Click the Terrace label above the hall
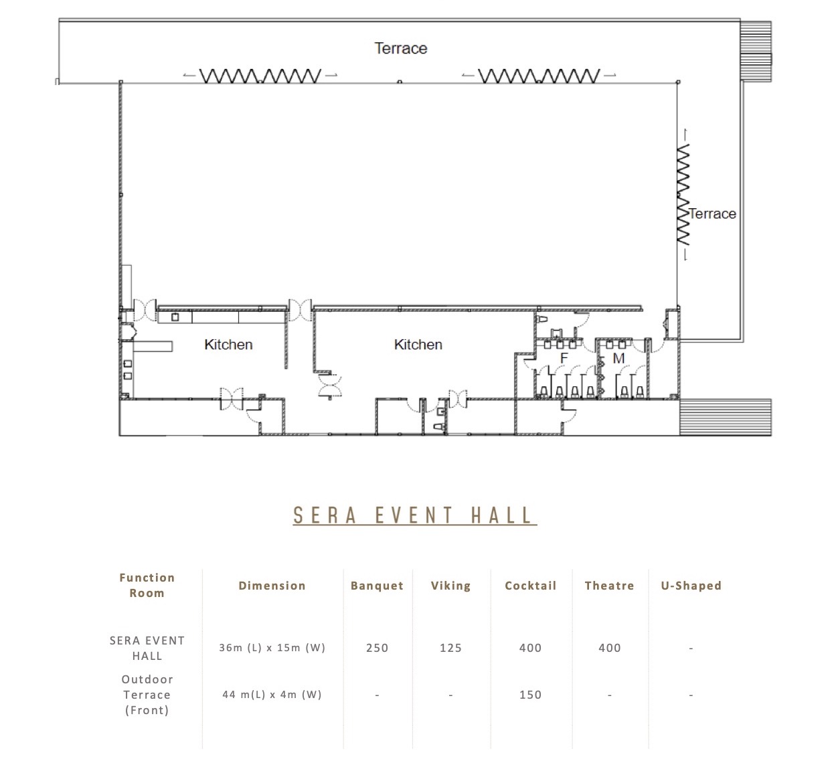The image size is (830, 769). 400,48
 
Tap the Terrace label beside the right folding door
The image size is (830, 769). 713,214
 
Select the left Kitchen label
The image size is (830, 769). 228,345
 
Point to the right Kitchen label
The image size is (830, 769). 418,345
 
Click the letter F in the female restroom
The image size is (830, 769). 564,358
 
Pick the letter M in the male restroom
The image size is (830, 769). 618,358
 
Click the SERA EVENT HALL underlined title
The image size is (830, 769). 414,515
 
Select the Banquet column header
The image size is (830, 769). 377,586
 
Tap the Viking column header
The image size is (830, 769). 450,586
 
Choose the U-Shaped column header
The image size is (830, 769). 691,586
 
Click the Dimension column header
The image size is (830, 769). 272,586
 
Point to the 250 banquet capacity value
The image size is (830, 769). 377,648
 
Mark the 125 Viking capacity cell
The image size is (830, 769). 450,648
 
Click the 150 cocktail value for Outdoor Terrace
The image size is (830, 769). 530,695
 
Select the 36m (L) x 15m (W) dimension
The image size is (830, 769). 272,648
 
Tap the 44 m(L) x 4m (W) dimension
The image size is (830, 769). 272,695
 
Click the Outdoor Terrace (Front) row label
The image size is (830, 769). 147,695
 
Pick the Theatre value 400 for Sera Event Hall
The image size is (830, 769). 610,648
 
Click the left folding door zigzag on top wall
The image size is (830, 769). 260,76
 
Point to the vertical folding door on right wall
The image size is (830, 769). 683,194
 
